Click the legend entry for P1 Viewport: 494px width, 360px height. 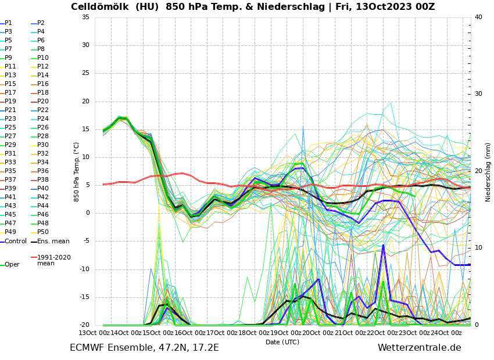point(8,23)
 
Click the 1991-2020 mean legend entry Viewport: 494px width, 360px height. point(53,260)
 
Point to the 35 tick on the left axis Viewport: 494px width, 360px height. point(85,17)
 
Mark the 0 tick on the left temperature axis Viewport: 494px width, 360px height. point(87,213)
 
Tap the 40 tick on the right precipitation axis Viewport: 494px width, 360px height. point(478,17)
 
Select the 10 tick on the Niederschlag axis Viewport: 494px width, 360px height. point(478,248)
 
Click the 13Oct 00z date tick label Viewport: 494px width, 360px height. point(96,333)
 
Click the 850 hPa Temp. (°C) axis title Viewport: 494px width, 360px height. point(77,172)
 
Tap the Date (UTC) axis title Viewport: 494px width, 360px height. point(282,342)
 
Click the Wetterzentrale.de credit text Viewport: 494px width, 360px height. point(419,348)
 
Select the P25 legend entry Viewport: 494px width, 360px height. point(10,127)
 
